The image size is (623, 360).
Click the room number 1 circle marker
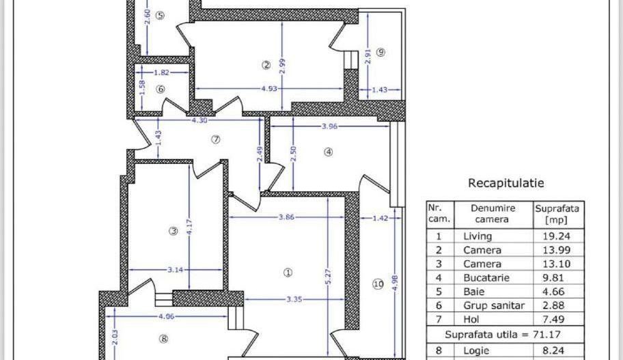288,272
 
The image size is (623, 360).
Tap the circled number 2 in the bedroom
266,65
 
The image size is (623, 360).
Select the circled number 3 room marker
174,232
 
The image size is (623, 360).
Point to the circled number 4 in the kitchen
328,152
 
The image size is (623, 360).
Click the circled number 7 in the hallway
216,139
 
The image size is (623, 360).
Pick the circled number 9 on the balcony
380,52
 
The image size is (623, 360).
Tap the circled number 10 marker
378,284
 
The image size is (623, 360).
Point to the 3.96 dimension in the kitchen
331,126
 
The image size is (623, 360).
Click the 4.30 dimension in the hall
199,120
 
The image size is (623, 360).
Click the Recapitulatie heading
506,183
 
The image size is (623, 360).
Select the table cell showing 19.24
557,236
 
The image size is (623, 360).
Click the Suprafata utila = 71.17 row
506,335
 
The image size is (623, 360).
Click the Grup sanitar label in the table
493,305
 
